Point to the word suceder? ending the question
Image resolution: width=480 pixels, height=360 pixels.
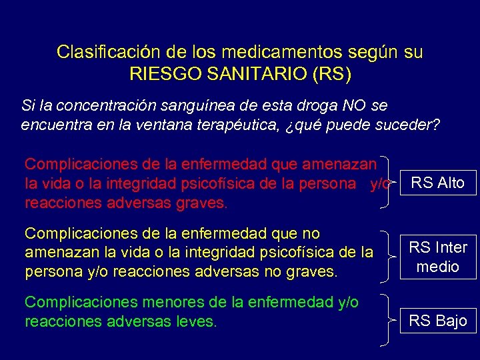pyautogui.click(x=411, y=125)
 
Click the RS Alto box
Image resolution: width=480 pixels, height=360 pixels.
pyautogui.click(x=437, y=183)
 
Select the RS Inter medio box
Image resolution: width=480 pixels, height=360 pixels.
pyautogui.click(x=437, y=257)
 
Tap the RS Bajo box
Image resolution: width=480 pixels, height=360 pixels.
pyautogui.click(x=437, y=321)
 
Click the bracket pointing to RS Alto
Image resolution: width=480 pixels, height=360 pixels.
pyautogui.click(x=387, y=183)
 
